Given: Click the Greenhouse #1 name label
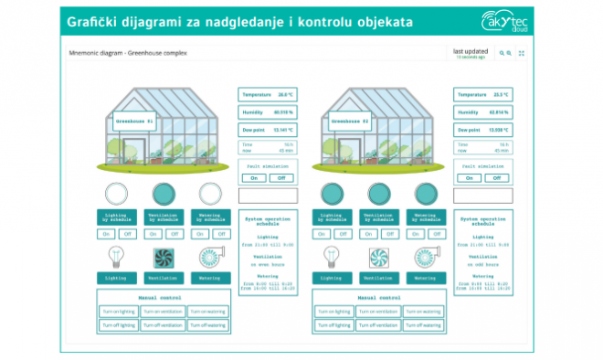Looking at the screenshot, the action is coord(134,120).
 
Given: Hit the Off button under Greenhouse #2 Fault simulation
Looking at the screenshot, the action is coord(497,178).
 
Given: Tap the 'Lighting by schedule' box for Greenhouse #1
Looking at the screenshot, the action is coord(117,217).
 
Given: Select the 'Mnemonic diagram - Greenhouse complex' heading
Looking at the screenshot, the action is coord(128,53).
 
